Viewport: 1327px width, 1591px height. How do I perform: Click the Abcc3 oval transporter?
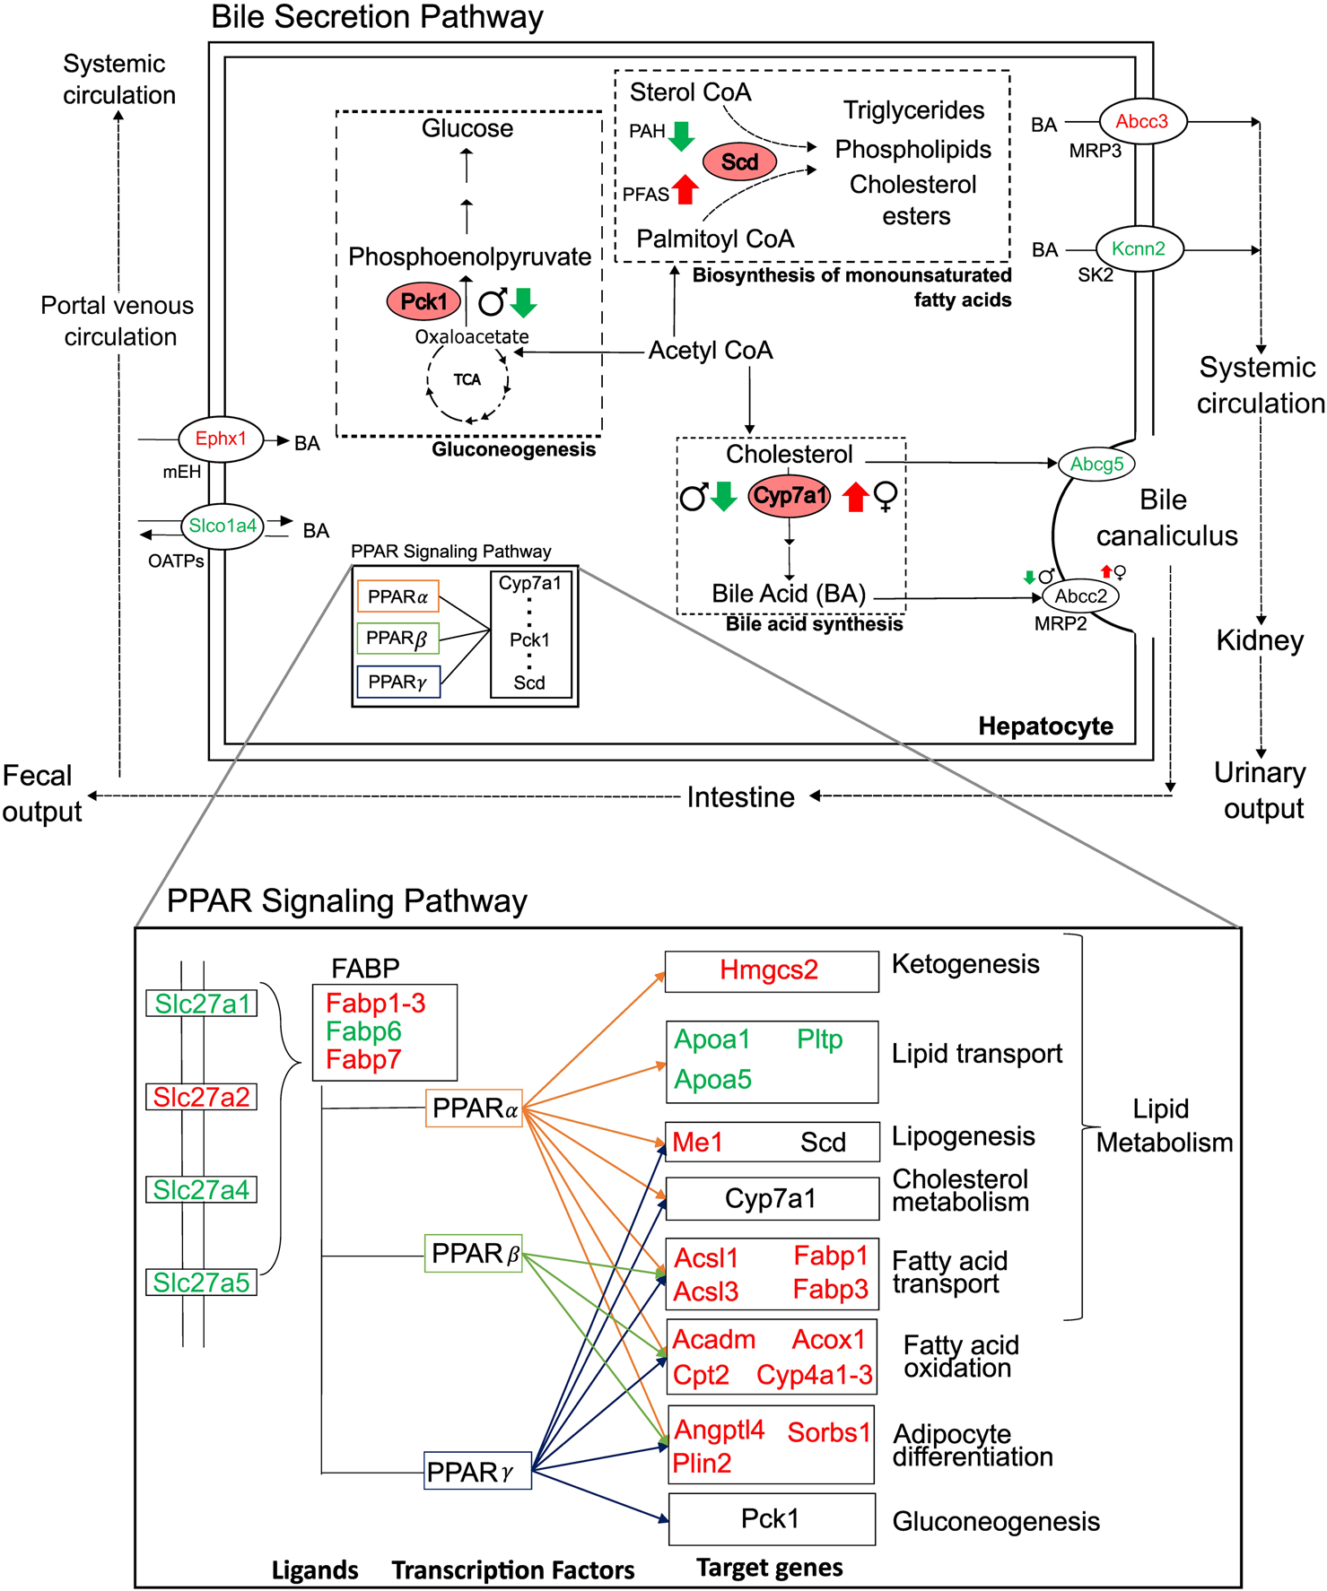pyautogui.click(x=1141, y=122)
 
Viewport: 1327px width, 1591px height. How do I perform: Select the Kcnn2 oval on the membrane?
pyautogui.click(x=1139, y=249)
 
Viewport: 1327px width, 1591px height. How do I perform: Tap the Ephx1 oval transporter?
pyautogui.click(x=221, y=439)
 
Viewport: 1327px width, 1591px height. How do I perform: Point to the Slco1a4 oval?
pyautogui.click(x=223, y=526)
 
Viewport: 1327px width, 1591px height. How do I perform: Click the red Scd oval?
pyautogui.click(x=739, y=162)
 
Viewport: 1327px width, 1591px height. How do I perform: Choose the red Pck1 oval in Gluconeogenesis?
pyautogui.click(x=423, y=302)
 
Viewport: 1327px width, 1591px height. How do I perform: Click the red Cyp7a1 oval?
pyautogui.click(x=790, y=496)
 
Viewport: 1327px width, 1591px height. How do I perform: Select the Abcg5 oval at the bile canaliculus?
pyautogui.click(x=1096, y=465)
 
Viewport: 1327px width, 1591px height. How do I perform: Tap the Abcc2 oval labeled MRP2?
pyautogui.click(x=1080, y=596)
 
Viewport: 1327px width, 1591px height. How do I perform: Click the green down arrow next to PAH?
pyautogui.click(x=682, y=135)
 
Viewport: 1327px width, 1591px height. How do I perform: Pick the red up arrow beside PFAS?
pyautogui.click(x=685, y=189)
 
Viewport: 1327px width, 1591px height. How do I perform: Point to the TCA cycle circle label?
pyautogui.click(x=467, y=380)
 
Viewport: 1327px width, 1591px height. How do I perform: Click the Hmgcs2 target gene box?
pyautogui.click(x=771, y=971)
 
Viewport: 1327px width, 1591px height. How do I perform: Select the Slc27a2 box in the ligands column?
pyautogui.click(x=201, y=1097)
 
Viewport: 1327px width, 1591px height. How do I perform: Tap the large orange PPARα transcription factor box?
pyautogui.click(x=474, y=1108)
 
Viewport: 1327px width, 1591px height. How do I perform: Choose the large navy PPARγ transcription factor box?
pyautogui.click(x=477, y=1472)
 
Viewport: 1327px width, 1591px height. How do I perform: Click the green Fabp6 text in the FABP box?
pyautogui.click(x=363, y=1031)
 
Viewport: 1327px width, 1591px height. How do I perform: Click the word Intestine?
pyautogui.click(x=740, y=797)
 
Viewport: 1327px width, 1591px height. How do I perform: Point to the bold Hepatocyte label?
pyautogui.click(x=1045, y=726)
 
